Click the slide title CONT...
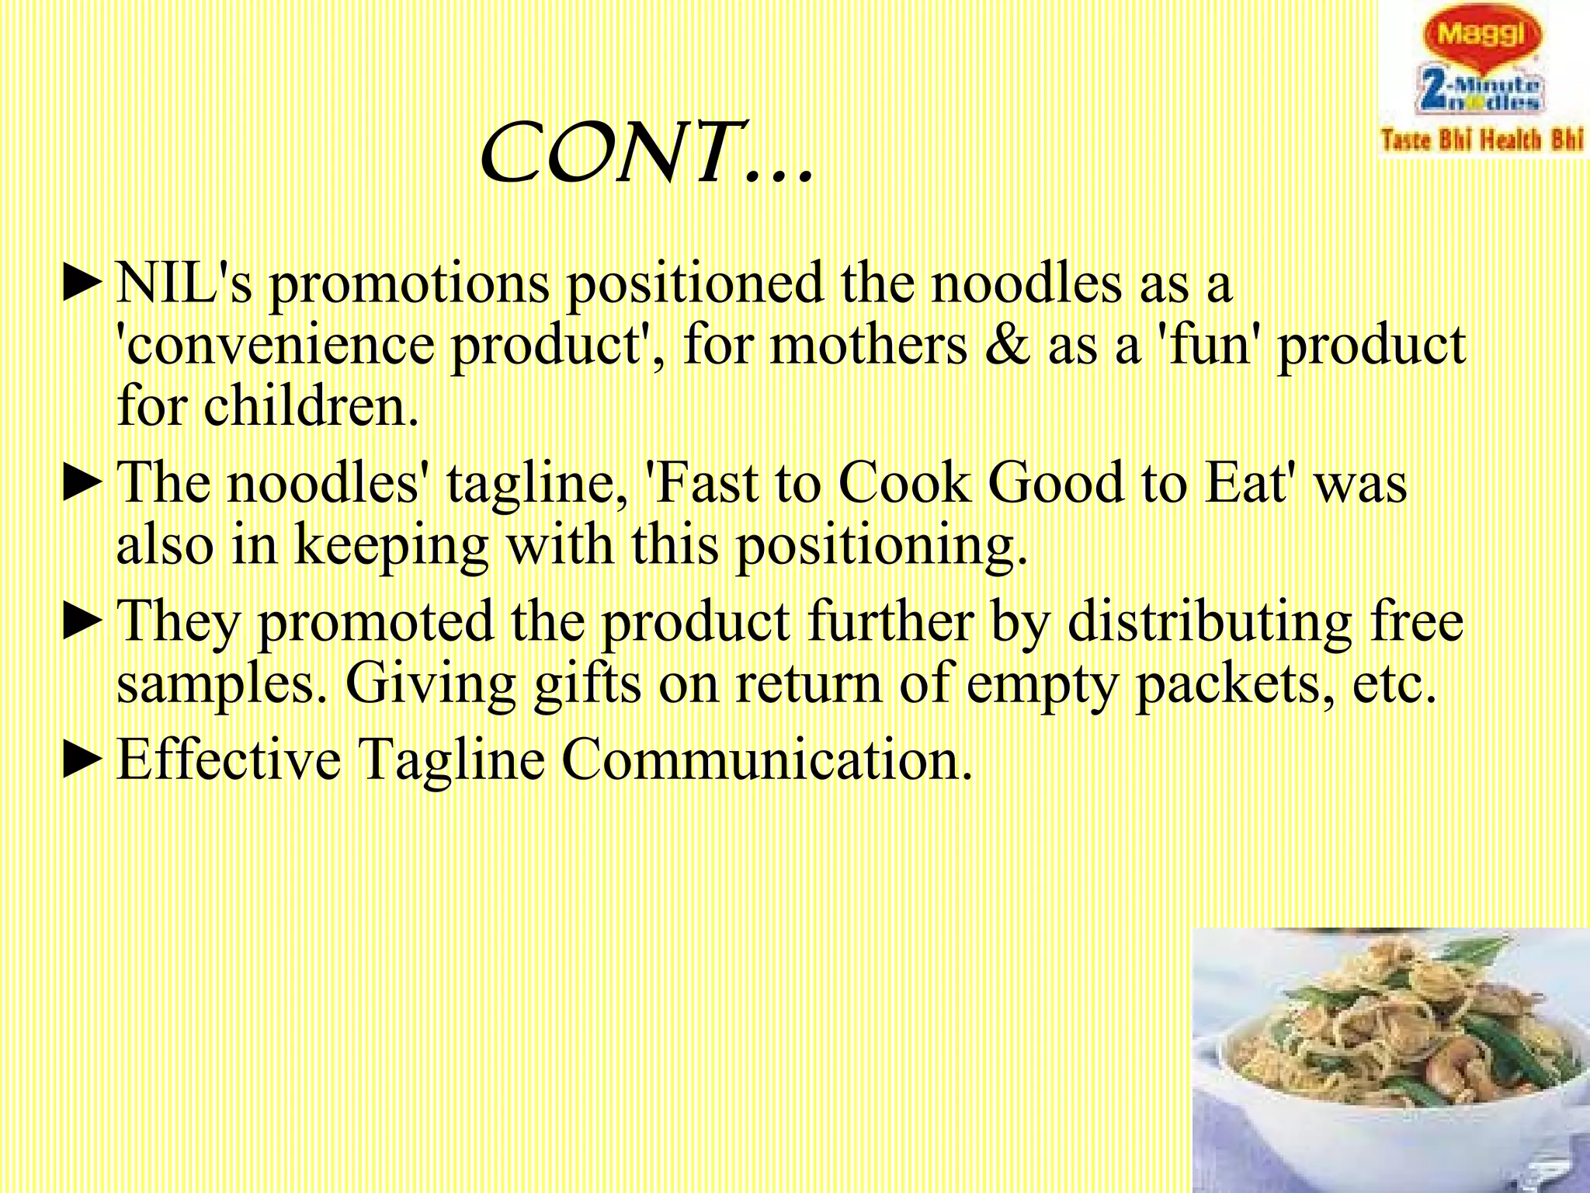point(646,153)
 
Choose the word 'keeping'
point(391,545)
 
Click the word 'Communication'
point(766,759)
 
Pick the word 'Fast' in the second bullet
point(706,483)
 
